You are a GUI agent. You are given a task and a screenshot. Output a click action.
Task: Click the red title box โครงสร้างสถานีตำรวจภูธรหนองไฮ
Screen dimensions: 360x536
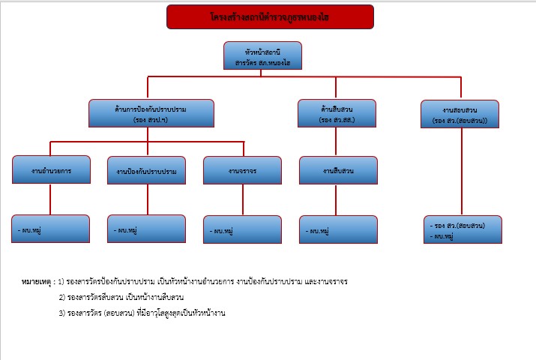click(x=270, y=16)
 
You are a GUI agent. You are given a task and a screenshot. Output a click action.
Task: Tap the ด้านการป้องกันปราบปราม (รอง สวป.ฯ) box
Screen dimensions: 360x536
click(x=151, y=113)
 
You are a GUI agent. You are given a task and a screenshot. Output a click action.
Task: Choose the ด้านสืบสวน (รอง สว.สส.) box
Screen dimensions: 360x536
click(x=337, y=113)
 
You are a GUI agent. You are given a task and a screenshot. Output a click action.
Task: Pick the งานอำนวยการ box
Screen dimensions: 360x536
click(x=51, y=170)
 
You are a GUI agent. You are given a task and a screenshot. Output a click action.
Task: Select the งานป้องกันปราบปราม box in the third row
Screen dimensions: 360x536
click(x=147, y=171)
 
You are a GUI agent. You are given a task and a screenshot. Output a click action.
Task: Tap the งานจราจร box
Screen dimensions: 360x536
click(x=242, y=170)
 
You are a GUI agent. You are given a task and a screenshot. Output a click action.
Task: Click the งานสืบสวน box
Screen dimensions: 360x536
click(x=337, y=170)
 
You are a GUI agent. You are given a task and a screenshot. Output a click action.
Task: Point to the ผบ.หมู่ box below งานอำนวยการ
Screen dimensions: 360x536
click(x=51, y=229)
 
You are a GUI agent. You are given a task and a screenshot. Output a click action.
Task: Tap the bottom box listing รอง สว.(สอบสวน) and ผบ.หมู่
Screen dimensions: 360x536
click(x=463, y=230)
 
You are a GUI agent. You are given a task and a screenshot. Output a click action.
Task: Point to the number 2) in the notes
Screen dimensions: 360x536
click(x=61, y=297)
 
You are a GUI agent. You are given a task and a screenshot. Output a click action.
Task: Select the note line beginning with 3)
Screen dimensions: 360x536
click(x=142, y=312)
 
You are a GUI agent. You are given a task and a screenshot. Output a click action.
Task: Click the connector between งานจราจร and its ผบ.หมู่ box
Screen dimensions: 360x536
click(x=242, y=199)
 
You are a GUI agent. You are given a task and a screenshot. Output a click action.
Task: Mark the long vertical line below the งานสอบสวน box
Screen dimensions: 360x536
click(x=461, y=172)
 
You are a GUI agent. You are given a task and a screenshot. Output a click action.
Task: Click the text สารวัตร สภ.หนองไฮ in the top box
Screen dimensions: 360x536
click(x=262, y=64)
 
